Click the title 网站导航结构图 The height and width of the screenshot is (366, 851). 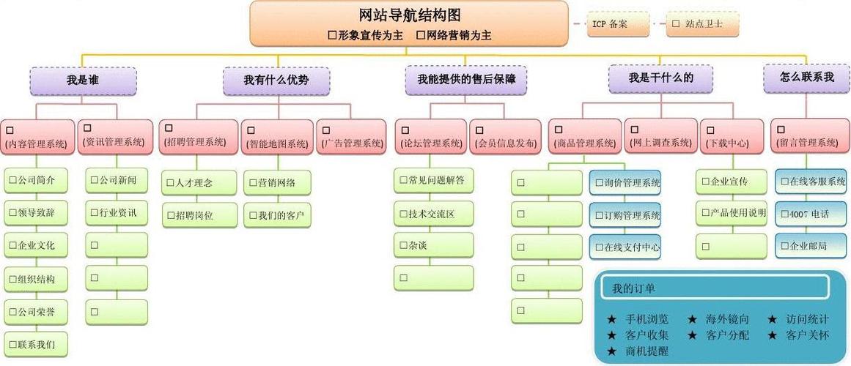point(410,15)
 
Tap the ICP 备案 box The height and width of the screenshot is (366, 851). point(618,24)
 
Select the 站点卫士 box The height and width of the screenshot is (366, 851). point(702,24)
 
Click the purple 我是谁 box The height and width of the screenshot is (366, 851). point(83,81)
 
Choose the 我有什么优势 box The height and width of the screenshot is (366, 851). point(276,81)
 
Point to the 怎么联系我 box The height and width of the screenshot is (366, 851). point(806,78)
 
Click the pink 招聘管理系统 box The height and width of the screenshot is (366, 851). point(199,136)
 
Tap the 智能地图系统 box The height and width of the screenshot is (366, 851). point(277,137)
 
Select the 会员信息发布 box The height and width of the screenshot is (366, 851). point(505,137)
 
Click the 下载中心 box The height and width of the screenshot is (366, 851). point(733,136)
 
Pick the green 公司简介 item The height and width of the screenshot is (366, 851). point(37,179)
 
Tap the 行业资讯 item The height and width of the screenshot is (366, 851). point(117,213)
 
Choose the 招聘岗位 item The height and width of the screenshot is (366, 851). point(199,215)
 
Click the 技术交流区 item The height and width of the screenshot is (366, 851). point(434,214)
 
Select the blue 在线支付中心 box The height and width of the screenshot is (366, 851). point(625,247)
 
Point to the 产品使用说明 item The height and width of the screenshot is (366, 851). point(732,213)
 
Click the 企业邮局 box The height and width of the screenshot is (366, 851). point(810,246)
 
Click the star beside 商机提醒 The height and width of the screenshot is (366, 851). point(612,351)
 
